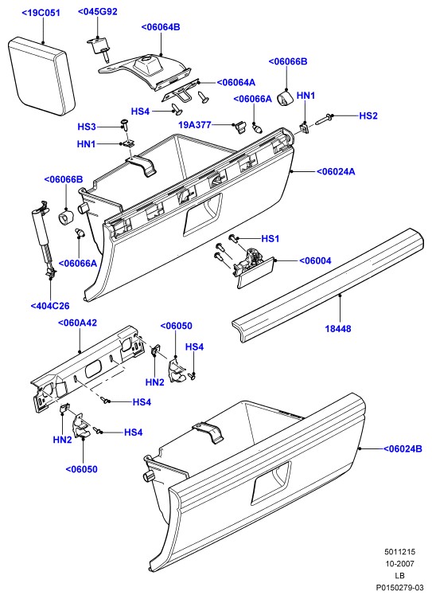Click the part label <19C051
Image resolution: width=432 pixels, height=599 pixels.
coord(41,13)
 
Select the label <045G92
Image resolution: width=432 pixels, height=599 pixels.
coord(98,11)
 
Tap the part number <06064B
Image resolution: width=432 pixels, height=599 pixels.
coord(161,27)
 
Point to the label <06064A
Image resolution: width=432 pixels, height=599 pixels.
coord(236,83)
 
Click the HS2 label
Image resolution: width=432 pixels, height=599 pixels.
coord(368,115)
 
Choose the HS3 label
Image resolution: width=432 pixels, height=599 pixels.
coord(87,127)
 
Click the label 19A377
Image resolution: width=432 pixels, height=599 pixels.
coord(195,124)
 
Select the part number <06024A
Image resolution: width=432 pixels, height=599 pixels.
coord(336,172)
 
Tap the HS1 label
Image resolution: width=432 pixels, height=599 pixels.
coord(270,239)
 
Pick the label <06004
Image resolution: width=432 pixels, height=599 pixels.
coord(315,261)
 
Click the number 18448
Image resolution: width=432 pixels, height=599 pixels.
coord(338,328)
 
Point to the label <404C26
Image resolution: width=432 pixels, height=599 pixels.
coord(50,306)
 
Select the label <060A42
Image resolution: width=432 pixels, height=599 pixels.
coord(77,323)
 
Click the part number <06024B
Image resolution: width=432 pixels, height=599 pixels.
coord(403,449)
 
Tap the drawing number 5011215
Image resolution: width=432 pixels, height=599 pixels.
coord(399,552)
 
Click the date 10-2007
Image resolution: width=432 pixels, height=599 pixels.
coord(399,563)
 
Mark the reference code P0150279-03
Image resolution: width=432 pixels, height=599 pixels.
coord(399,587)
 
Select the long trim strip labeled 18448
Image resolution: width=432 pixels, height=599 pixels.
coord(329,284)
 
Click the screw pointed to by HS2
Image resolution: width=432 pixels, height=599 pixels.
coord(323,119)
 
